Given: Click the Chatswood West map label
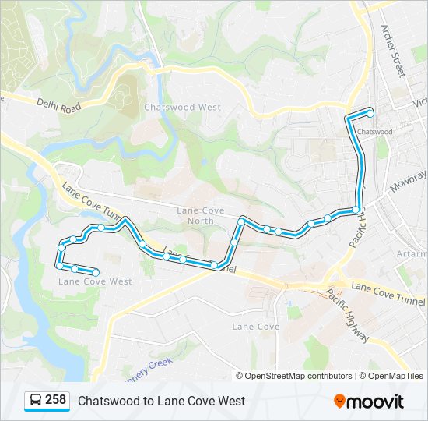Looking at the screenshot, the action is click(x=182, y=107).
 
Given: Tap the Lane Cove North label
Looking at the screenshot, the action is click(x=200, y=215).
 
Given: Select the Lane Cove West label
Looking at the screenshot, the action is click(x=95, y=281).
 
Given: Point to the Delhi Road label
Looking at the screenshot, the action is click(x=58, y=105).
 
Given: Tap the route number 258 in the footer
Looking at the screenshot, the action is click(x=55, y=400).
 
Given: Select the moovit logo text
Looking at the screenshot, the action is click(x=376, y=401).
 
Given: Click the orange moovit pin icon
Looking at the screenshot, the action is click(x=339, y=401).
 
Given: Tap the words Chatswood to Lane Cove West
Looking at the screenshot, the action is click(x=161, y=401).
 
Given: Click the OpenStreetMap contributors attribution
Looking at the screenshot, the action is click(x=294, y=376).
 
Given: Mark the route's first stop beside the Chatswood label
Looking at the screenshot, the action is click(x=370, y=114).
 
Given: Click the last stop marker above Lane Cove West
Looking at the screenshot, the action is click(x=95, y=272).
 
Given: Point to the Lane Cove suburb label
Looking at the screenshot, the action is click(x=255, y=327).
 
